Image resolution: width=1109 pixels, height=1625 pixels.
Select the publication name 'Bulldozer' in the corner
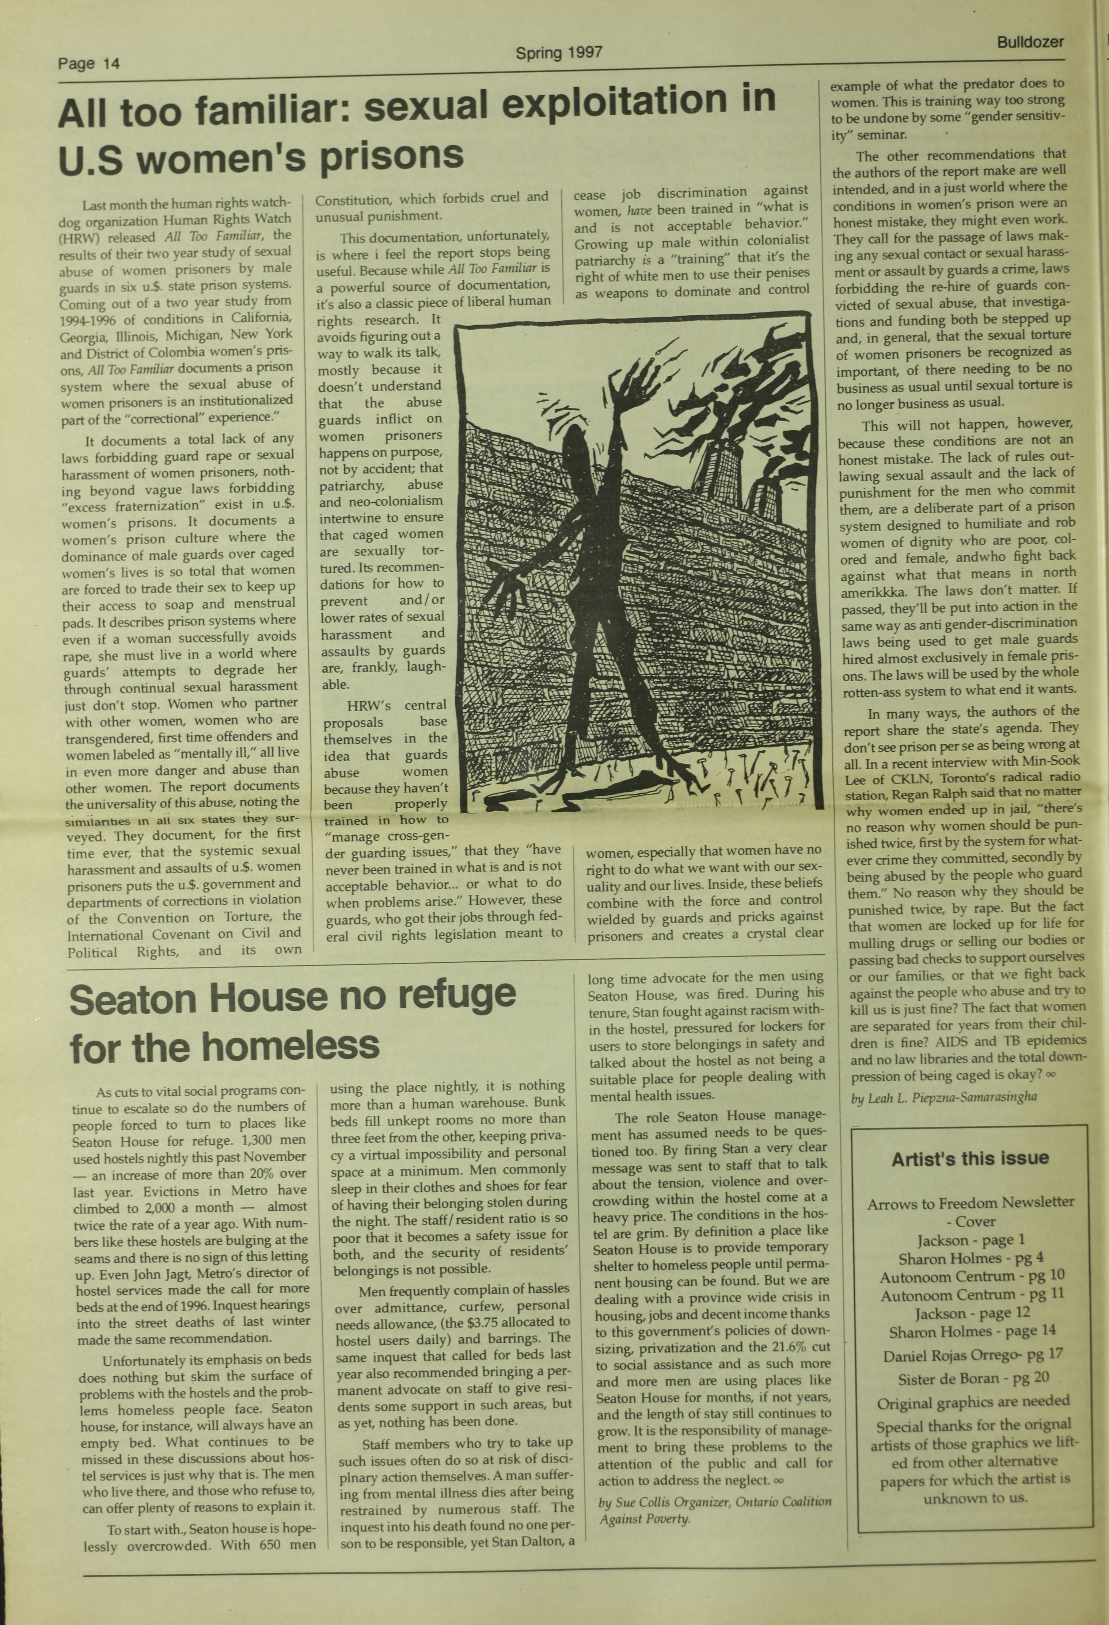[x=1030, y=42]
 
